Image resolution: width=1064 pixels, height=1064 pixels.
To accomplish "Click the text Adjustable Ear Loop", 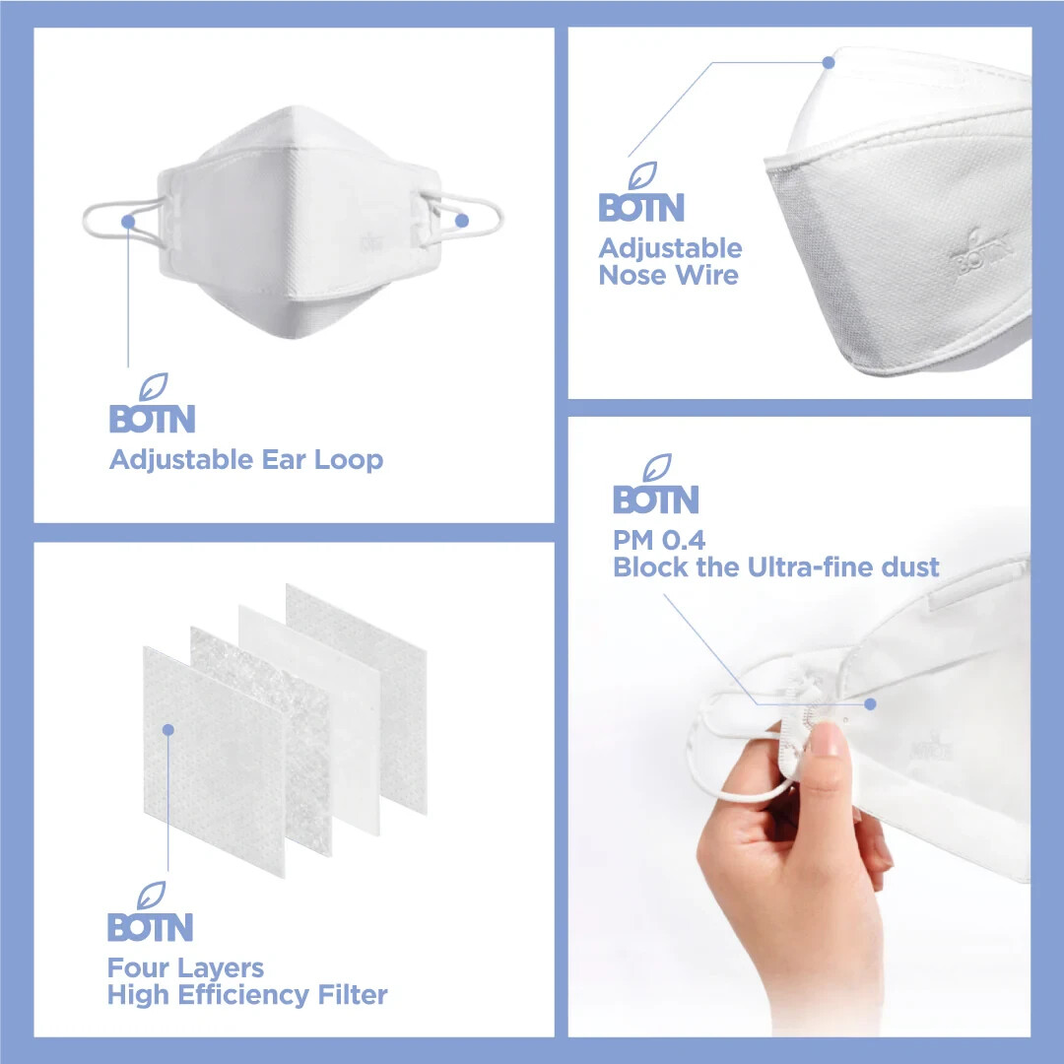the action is pyautogui.click(x=246, y=461).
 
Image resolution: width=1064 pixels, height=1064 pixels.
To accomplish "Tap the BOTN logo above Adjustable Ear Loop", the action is pyautogui.click(x=153, y=404).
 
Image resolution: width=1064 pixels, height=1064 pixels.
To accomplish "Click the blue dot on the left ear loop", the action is pyautogui.click(x=128, y=222).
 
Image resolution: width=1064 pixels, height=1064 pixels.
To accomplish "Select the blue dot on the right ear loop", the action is pyautogui.click(x=462, y=221).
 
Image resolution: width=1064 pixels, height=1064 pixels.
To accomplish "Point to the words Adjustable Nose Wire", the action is pyautogui.click(x=671, y=262).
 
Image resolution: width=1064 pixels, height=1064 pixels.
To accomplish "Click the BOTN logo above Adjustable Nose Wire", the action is pyautogui.click(x=641, y=192).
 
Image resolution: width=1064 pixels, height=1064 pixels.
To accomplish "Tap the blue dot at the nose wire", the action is pyautogui.click(x=829, y=62).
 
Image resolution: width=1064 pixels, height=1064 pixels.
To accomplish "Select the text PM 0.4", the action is pyautogui.click(x=659, y=541).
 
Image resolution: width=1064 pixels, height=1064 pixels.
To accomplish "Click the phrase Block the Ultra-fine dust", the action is pyautogui.click(x=776, y=567).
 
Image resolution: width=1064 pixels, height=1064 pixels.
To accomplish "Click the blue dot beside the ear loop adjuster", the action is pyautogui.click(x=871, y=704).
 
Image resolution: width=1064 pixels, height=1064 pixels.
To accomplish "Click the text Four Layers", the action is pyautogui.click(x=186, y=968).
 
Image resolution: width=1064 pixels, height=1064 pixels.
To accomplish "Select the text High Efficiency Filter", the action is pyautogui.click(x=247, y=995).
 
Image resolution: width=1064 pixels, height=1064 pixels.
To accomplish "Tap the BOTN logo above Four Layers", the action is pyautogui.click(x=151, y=912).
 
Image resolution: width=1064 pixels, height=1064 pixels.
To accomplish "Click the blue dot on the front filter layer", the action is pyautogui.click(x=168, y=729).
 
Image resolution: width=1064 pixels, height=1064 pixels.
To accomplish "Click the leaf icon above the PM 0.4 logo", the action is pyautogui.click(x=657, y=468).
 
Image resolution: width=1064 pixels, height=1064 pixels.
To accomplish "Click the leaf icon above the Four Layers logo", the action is pyautogui.click(x=152, y=895).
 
